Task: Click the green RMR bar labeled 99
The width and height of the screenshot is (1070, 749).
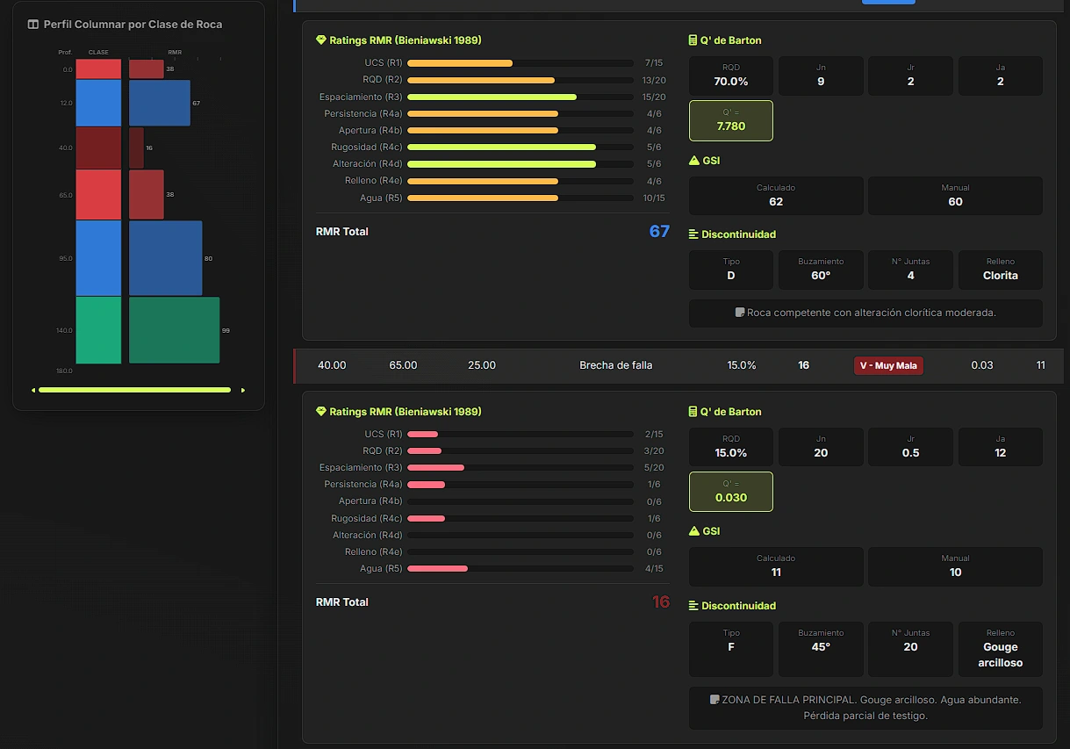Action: click(175, 330)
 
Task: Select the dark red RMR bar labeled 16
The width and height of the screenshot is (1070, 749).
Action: click(136, 148)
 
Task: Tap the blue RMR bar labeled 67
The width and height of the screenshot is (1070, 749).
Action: click(160, 103)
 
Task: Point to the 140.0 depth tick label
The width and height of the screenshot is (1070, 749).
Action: click(64, 330)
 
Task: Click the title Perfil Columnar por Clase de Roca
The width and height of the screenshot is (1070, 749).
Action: click(133, 25)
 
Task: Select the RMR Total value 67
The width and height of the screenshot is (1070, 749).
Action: click(659, 231)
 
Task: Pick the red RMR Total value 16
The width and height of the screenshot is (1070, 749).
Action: click(661, 601)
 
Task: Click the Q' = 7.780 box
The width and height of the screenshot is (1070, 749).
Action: click(731, 120)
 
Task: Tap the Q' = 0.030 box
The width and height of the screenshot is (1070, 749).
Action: click(731, 492)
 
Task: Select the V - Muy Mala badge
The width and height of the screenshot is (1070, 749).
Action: click(888, 365)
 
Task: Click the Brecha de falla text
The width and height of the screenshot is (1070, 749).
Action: click(615, 365)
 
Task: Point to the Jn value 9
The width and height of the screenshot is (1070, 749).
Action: click(821, 82)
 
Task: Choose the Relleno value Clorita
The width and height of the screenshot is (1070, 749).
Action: click(1001, 276)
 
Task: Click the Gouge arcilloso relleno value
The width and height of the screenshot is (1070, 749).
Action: click(1001, 654)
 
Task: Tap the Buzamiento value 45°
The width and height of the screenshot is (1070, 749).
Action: click(821, 647)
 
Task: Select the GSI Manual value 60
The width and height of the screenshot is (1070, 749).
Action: click(955, 202)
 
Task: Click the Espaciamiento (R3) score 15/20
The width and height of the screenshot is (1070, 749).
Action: click(654, 97)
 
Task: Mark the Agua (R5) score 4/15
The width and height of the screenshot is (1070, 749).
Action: click(654, 568)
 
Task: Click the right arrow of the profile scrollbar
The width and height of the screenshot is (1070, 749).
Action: click(243, 391)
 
